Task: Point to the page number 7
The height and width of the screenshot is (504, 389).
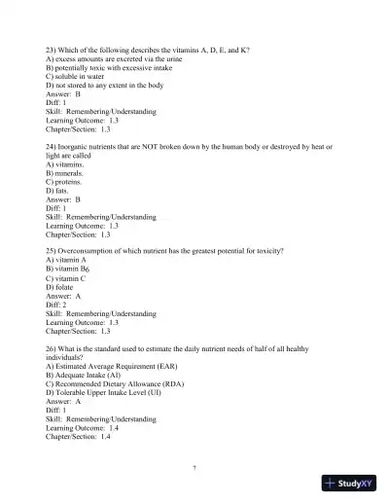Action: coord(194,468)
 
